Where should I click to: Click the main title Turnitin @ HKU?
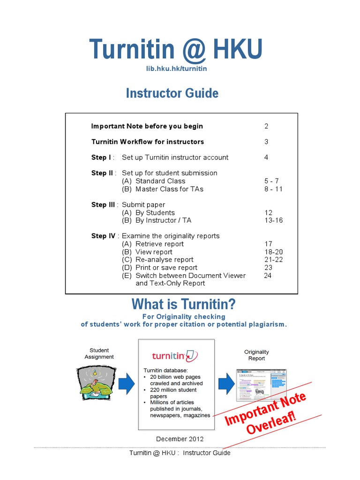point(176,49)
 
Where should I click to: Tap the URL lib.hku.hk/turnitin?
point(176,68)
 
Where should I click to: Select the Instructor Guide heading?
point(172,93)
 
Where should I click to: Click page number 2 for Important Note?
point(266,126)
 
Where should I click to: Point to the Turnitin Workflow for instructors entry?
point(147,142)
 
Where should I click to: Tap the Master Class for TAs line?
point(163,189)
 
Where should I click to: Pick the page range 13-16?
point(274,220)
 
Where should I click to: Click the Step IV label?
point(104,236)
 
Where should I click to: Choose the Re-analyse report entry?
point(157,260)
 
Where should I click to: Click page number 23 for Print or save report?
point(268,268)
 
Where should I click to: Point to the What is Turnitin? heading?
point(184,305)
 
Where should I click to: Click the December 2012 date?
point(180,439)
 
